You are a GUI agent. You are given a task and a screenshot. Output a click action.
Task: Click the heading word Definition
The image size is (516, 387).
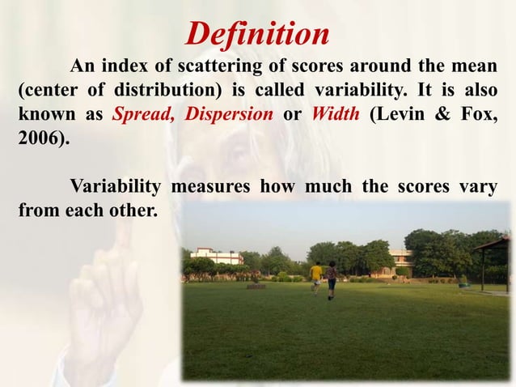257,35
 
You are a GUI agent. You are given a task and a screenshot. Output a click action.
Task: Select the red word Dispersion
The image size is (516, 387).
229,113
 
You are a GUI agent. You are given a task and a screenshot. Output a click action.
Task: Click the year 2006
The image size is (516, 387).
39,137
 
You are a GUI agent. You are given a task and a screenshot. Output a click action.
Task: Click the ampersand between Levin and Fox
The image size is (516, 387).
441,113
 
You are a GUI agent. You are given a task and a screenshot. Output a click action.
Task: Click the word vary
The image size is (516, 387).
477,186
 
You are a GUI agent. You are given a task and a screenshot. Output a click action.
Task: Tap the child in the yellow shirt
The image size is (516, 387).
315,273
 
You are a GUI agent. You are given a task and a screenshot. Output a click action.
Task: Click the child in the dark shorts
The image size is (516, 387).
331,279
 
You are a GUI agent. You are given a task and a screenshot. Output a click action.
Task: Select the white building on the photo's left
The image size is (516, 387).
216,257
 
